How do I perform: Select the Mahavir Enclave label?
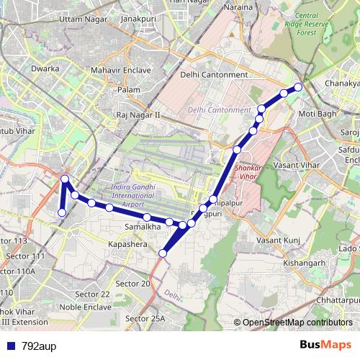pyautogui.click(x=121, y=71)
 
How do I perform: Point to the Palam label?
pyautogui.click(x=129, y=89)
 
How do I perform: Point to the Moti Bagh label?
pyautogui.click(x=317, y=114)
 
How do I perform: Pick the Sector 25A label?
pyautogui.click(x=145, y=318)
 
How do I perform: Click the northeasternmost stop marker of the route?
pyautogui.click(x=298, y=87)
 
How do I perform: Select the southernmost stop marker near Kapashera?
pyautogui.click(x=163, y=253)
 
